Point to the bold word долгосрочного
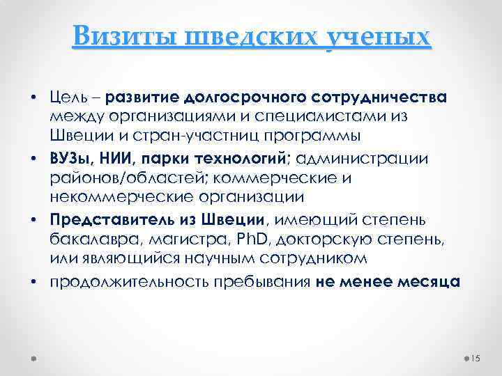[243, 94]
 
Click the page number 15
[478, 358]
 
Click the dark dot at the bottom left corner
[34, 358]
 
